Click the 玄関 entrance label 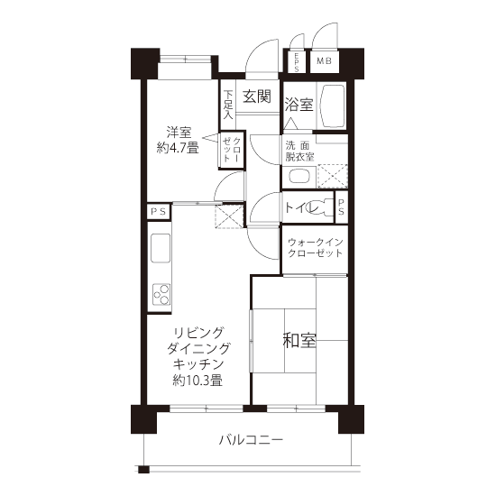(x=257, y=96)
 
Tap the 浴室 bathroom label (x=299, y=104)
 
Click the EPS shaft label (x=297, y=62)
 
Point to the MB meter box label (x=325, y=60)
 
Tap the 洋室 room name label (x=179, y=133)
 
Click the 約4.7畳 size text (x=178, y=147)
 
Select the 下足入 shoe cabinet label (x=228, y=105)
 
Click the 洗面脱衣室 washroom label (x=299, y=152)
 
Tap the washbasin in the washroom (x=299, y=177)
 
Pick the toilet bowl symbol (x=320, y=207)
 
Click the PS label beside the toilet (x=341, y=207)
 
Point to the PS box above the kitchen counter (x=159, y=211)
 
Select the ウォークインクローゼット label (x=316, y=248)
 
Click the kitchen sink (x=161, y=248)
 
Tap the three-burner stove (x=161, y=294)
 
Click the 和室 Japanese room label (x=299, y=340)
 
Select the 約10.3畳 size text (x=197, y=380)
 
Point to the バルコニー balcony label (x=252, y=440)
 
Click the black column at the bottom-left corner (x=143, y=419)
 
